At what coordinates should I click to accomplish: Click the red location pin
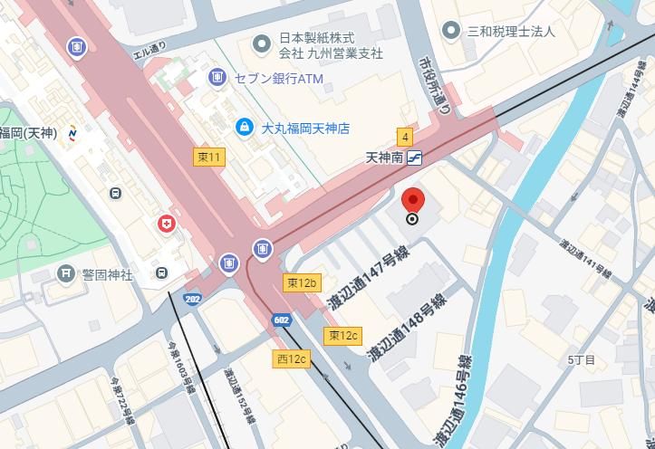pos(412,200)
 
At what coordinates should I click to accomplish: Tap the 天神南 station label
pos(383,157)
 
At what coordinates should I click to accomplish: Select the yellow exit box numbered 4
pos(405,138)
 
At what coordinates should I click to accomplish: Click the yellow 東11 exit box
pos(209,158)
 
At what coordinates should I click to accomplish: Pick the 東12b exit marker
pos(302,283)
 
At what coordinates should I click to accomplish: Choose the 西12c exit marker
pos(292,359)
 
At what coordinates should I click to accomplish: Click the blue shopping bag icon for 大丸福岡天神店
pos(243,128)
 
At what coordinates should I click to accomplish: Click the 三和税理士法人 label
pos(510,31)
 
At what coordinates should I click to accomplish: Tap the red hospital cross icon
pos(166,224)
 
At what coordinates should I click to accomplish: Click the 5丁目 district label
pos(581,360)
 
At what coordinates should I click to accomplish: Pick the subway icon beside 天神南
pos(416,158)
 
